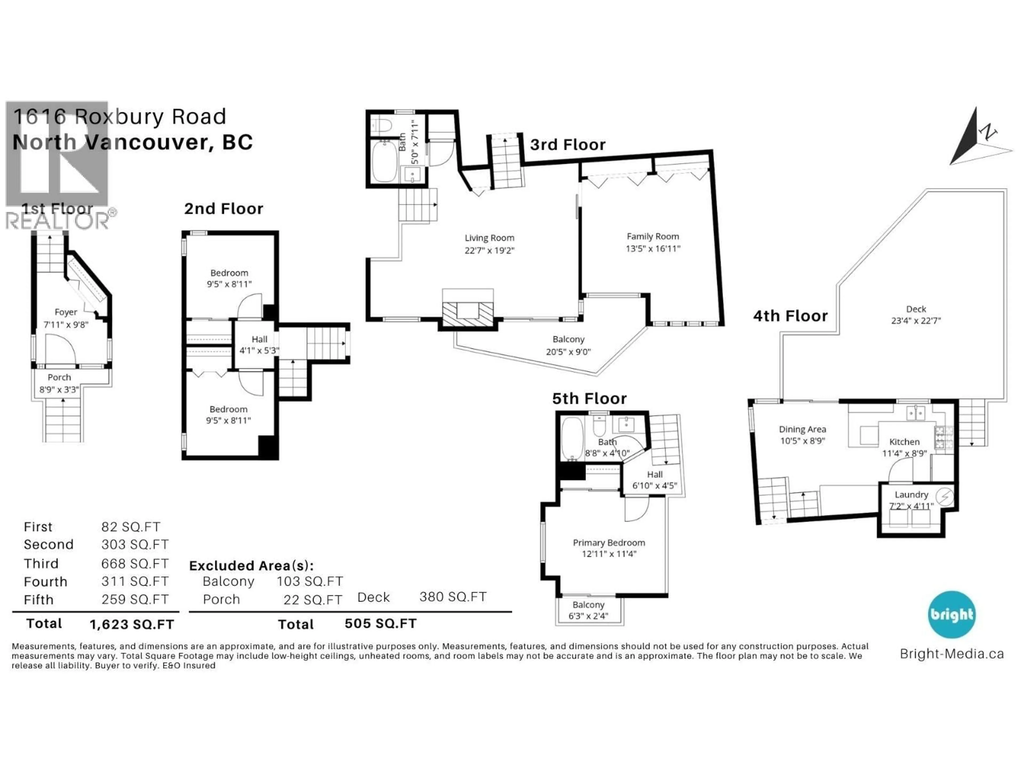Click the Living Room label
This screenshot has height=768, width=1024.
click(x=489, y=238)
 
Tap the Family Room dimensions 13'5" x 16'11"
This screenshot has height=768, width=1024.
click(x=653, y=249)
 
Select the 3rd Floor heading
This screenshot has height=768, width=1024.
click(x=567, y=145)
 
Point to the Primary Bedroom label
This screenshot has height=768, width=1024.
click(x=609, y=543)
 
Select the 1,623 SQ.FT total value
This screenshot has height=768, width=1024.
click(x=132, y=625)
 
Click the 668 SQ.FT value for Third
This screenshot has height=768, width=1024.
click(x=135, y=563)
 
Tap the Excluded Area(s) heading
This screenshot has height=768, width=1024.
click(x=251, y=566)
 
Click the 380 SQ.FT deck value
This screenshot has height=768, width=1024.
click(x=453, y=597)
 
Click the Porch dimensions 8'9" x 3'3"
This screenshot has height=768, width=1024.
click(x=59, y=390)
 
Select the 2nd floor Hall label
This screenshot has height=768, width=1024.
click(x=259, y=339)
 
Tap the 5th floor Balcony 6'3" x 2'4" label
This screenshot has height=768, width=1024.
click(x=588, y=610)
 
